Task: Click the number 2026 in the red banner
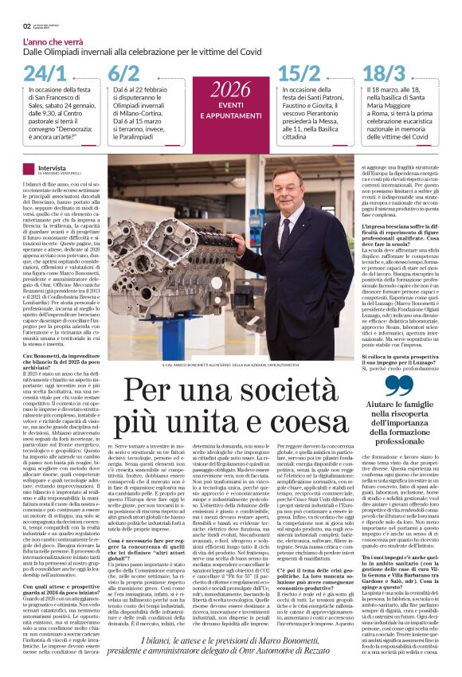pos(230,88)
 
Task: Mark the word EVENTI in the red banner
pos(231,105)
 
